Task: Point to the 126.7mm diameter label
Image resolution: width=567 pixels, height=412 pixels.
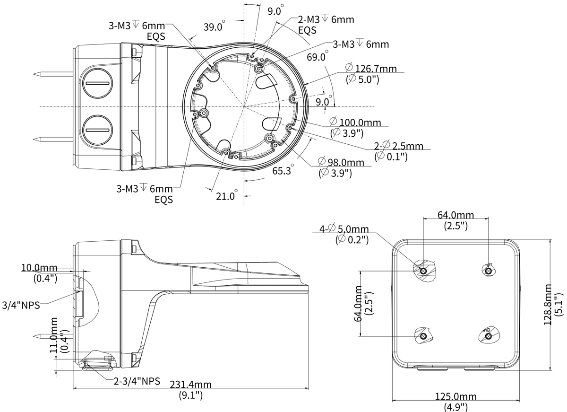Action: (x=371, y=69)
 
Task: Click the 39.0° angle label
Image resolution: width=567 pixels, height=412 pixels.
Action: (x=214, y=27)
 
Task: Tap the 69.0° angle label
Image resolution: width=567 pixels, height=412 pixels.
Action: (x=317, y=58)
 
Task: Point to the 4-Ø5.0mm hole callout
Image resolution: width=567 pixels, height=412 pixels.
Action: (x=344, y=229)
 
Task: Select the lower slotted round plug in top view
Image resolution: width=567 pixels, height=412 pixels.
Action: (x=98, y=129)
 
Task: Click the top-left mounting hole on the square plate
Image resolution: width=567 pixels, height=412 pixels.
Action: (x=423, y=271)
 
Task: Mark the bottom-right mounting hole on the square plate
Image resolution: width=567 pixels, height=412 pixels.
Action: (x=489, y=336)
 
